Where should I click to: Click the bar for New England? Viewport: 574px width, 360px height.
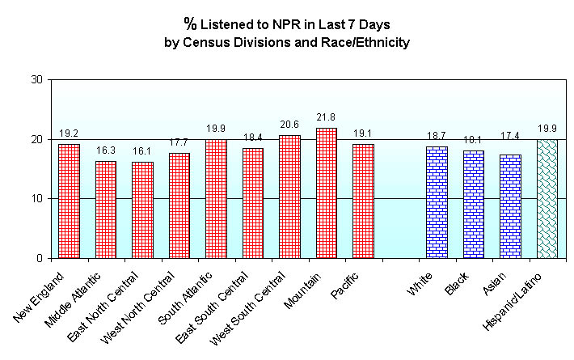coord(69,201)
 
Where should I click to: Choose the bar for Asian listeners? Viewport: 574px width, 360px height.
coord(511,206)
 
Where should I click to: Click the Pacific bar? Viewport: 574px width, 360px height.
coord(363,201)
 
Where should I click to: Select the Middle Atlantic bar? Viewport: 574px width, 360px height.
coord(106,210)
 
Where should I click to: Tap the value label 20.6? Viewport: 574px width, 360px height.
coord(289,126)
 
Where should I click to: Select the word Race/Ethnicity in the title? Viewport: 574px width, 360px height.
coord(369,42)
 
